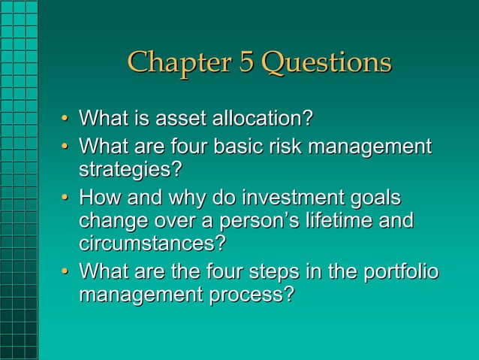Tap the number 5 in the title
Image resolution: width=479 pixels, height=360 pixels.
click(247, 62)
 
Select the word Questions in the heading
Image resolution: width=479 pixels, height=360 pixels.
click(326, 62)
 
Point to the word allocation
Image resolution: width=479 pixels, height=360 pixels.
click(262, 119)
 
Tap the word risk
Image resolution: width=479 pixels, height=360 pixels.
click(300, 146)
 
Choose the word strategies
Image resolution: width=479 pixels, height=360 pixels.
click(130, 169)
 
